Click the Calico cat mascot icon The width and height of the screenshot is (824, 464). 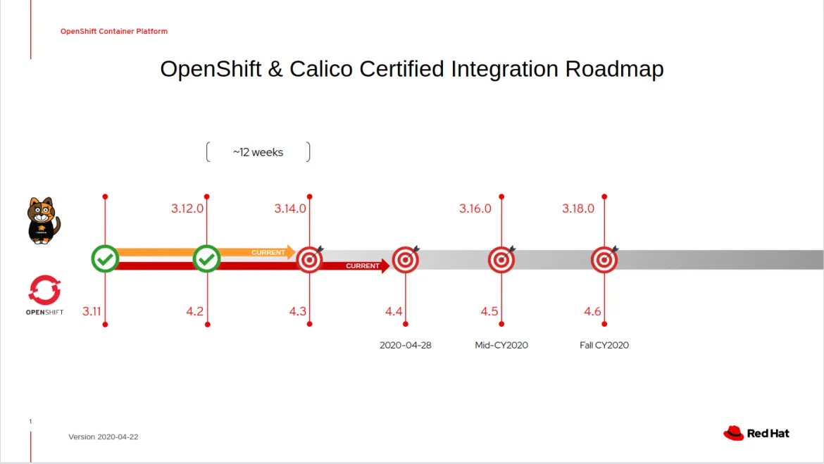coord(43,220)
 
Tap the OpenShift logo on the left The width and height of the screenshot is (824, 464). coord(44,295)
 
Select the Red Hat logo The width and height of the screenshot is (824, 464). coord(756,433)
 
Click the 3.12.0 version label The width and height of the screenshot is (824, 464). coord(187,208)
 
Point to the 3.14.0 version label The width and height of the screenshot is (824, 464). coord(290,208)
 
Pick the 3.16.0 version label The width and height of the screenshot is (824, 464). coord(475,208)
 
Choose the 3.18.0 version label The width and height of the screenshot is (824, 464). coord(578,208)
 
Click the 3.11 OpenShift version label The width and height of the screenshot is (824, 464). coord(92,311)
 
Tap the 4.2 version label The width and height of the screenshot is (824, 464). coord(195,311)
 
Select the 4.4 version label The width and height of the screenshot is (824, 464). coord(394,311)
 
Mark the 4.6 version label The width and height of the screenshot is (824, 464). coord(592,311)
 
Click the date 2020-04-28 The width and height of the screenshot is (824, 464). coord(405,345)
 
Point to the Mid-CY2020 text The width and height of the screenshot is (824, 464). coord(501,345)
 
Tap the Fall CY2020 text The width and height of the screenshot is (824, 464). coord(604,345)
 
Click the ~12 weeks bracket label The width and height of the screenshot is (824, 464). coord(258,152)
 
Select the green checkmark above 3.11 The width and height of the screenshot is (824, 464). coord(105,259)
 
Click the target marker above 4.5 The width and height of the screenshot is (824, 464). coord(501,260)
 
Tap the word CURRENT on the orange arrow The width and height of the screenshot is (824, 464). coord(268,252)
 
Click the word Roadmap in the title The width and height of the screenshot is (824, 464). coord(614,69)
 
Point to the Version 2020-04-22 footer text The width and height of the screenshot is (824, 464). coord(103,437)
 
